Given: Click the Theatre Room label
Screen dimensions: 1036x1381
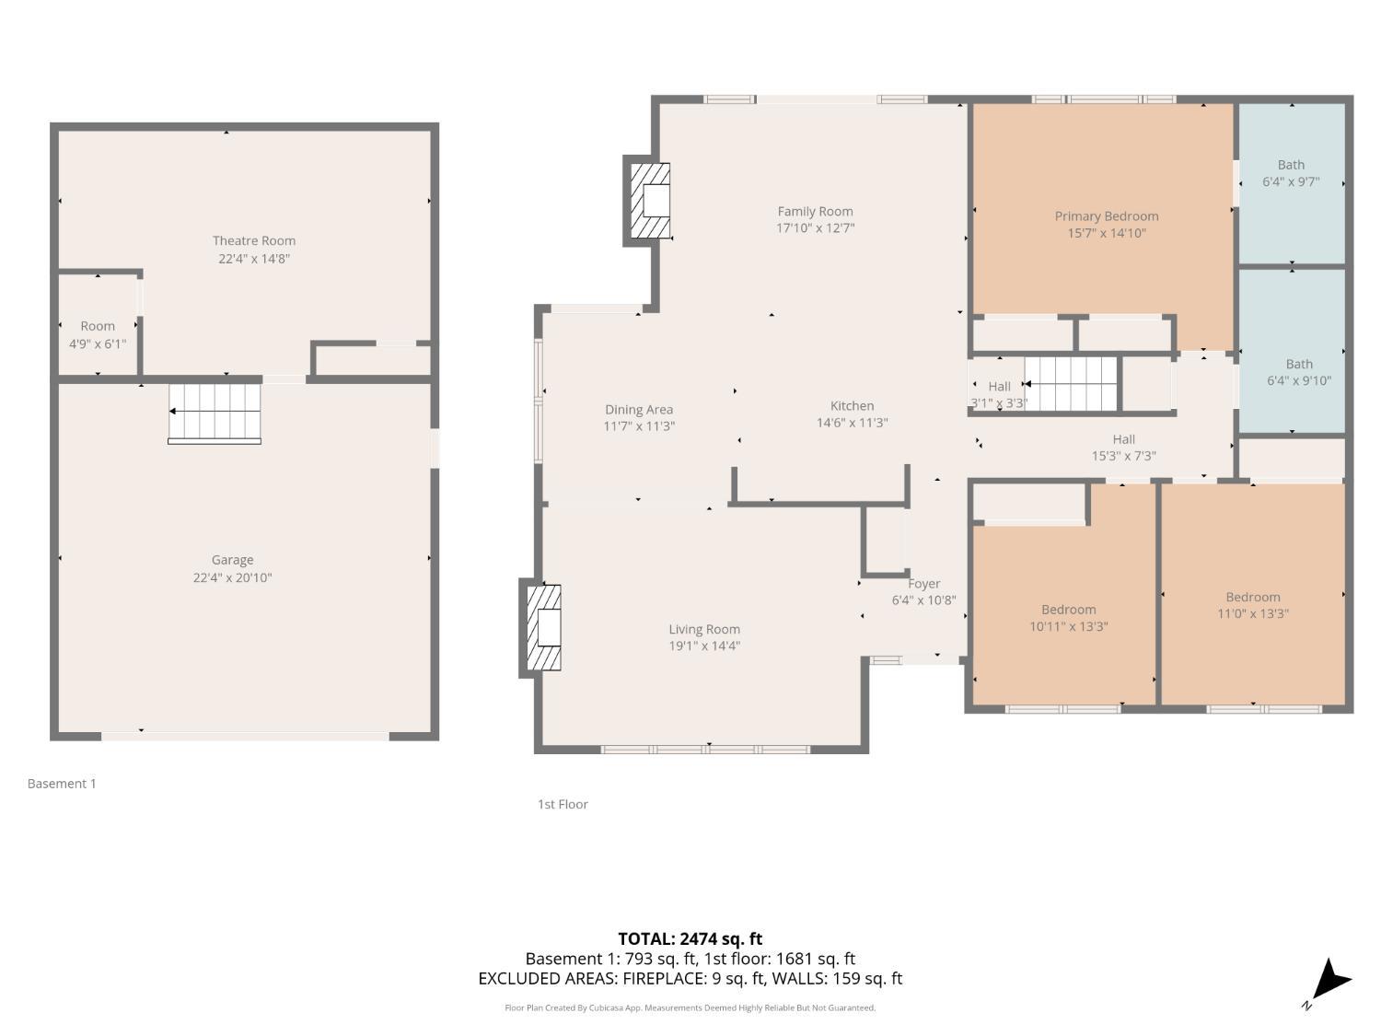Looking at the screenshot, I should pos(254,241).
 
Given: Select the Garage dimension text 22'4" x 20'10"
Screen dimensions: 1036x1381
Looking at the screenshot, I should pos(232,578).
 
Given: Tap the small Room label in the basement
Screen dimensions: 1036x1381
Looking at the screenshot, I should pos(98,326).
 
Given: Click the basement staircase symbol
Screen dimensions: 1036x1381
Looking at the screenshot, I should pos(215,413).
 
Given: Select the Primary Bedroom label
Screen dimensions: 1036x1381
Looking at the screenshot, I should pos(1107,216).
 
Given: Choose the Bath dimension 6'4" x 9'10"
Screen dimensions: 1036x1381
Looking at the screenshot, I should pos(1298,380).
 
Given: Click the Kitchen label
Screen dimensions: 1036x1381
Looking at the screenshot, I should pos(852,406).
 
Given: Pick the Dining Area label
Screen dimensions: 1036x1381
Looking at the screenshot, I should pos(639,410).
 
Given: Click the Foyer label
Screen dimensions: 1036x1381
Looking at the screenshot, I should pos(924,584).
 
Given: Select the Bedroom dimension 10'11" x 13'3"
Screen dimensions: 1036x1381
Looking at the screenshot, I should pos(1068,626).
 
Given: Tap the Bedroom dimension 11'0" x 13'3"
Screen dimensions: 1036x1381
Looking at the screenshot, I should pos(1252,613).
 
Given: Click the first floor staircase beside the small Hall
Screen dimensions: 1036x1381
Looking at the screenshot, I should pos(1071,382).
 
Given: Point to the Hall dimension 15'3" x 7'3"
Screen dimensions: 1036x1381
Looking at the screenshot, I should pos(1123,456).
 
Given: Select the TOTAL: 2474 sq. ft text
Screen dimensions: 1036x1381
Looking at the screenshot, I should pos(690,939).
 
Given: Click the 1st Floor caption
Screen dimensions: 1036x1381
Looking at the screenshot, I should pos(563,804).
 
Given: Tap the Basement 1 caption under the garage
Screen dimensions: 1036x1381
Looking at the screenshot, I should pos(62,784).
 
